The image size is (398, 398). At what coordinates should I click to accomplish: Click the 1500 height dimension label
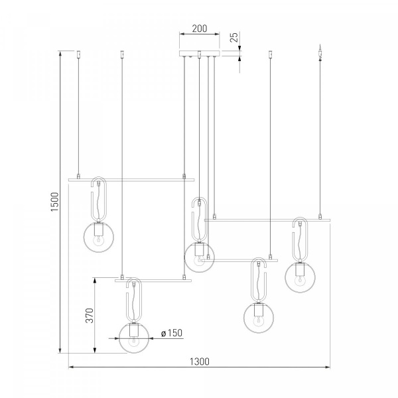click(54, 202)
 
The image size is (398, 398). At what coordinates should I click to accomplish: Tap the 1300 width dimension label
click(200, 362)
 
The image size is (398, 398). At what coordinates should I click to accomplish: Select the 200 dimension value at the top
click(199, 29)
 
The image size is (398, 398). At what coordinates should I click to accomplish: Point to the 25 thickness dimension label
click(235, 37)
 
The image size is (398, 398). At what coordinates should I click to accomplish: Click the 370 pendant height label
click(90, 316)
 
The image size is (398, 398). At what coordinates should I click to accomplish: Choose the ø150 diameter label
click(172, 333)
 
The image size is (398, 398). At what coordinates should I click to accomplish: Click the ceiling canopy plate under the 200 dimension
click(200, 54)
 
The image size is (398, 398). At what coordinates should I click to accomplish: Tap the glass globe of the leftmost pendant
click(99, 237)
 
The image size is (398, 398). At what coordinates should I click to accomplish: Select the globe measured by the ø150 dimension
click(134, 338)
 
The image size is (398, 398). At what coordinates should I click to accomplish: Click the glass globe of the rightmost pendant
click(300, 277)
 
